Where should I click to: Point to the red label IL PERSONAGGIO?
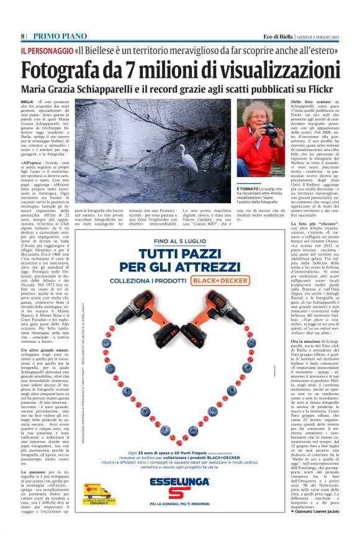tap(46, 50)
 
